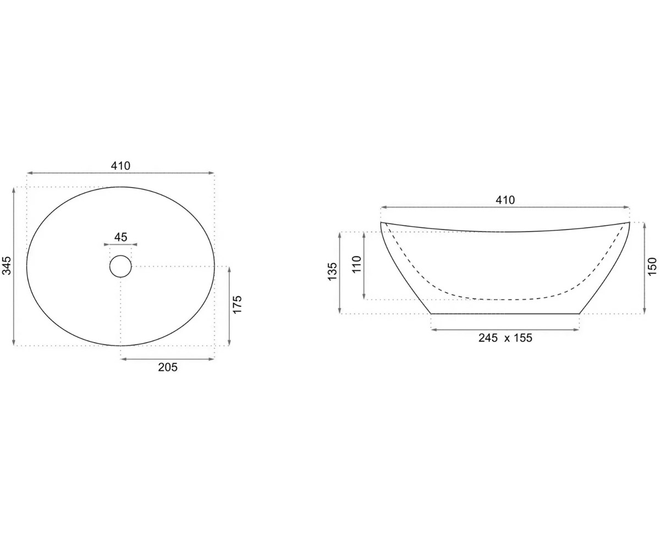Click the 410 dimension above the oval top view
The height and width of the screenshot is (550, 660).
point(120,166)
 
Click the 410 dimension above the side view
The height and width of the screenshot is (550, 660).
point(505,200)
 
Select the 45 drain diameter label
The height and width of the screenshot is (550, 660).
point(120,237)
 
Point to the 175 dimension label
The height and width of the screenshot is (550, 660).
point(237,304)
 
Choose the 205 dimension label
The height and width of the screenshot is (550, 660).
point(168,367)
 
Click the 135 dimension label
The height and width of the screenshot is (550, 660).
point(332,271)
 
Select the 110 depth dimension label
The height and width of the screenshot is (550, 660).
point(356,264)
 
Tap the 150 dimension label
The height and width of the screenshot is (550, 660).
point(652,266)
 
